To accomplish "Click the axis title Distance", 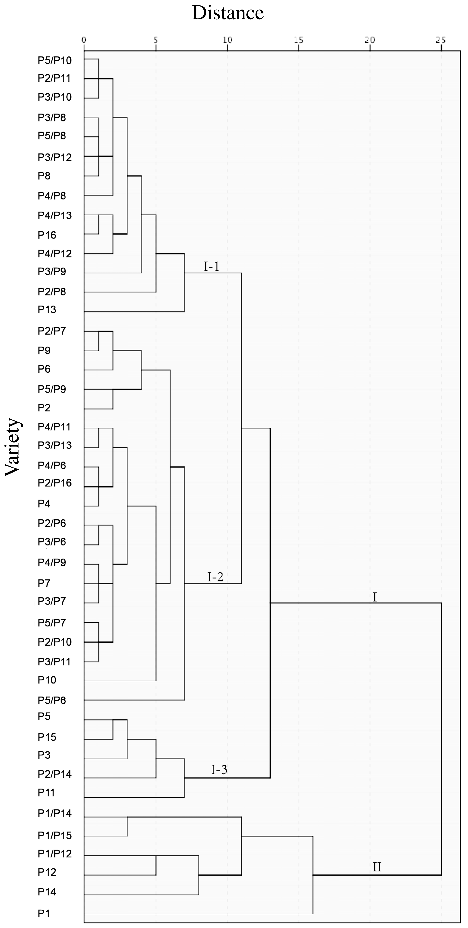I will coord(228,13).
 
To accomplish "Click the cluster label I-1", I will coord(211,267).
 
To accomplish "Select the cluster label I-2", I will coord(215,577).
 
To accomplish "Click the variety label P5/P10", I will coord(55,61).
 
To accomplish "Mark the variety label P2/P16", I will coord(55,483).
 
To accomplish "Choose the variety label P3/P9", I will coord(52,272).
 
